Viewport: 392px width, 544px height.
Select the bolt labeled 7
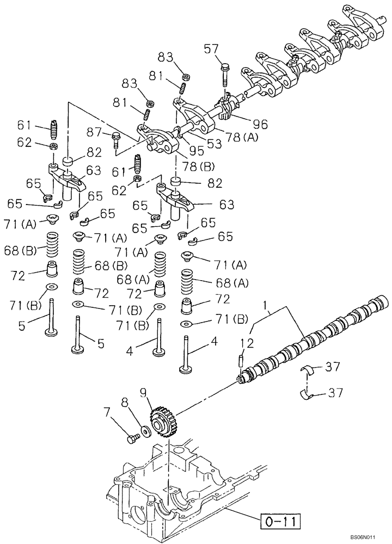(132, 436)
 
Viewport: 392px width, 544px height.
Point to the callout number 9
(143, 391)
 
